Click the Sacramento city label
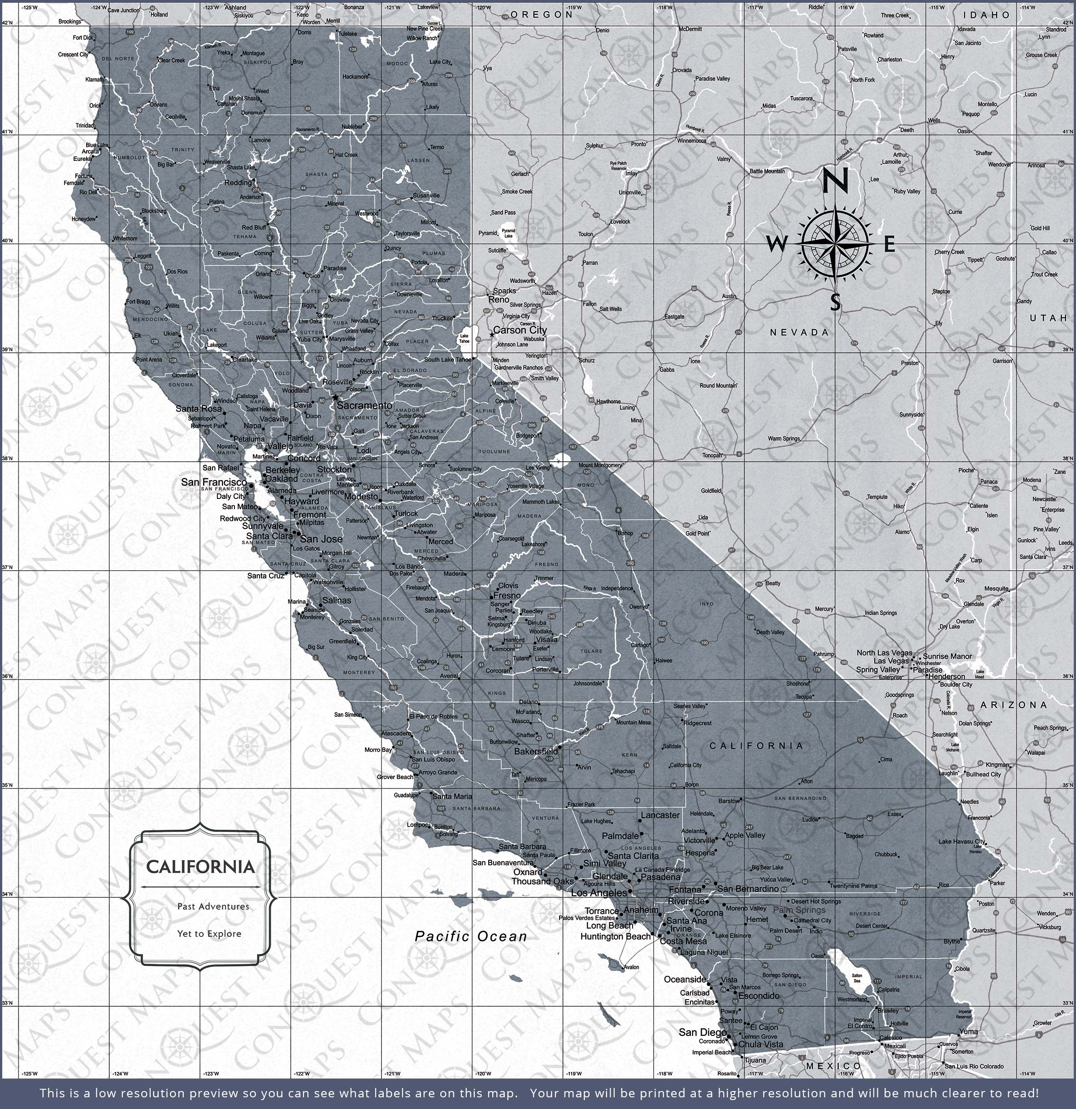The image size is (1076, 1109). pos(364,406)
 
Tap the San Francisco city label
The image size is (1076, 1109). pos(214,482)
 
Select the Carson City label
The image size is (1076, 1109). pos(520,330)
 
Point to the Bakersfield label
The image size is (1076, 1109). pos(535,752)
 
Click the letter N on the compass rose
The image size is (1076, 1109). pos(835,182)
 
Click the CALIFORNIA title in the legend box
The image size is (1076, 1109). pos(200,867)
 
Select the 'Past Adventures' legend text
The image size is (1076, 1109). pos(213,906)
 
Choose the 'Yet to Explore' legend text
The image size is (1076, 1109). pos(209,934)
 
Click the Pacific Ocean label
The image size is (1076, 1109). pos(471,936)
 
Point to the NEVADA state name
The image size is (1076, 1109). pos(799,333)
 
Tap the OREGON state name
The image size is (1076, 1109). pos(542,15)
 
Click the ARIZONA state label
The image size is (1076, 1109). pos(1014,705)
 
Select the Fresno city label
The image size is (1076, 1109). pos(507,596)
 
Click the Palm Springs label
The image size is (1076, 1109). pos(798,910)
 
